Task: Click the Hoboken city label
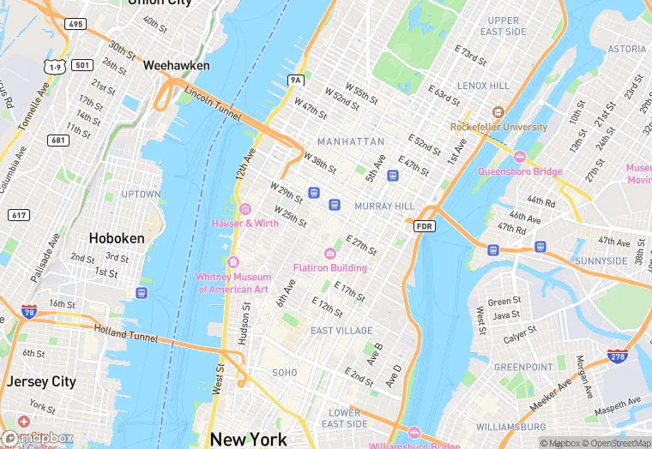pos(118,237)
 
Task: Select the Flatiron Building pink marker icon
pos(330,253)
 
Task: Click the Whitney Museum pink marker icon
pos(233,261)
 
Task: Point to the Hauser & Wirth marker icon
pos(245,209)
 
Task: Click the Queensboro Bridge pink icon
pos(519,157)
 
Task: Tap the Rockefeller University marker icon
pos(498,112)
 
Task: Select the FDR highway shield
pos(425,225)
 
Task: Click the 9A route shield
pos(296,81)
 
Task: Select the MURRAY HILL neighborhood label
pos(384,207)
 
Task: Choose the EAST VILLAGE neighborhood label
pos(341,330)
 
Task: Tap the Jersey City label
pos(41,381)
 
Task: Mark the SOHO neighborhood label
pos(285,373)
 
